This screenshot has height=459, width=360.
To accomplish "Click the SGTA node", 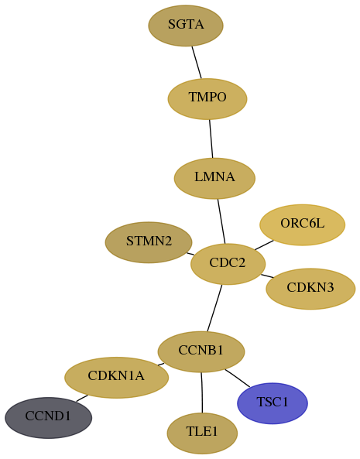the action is (186, 26).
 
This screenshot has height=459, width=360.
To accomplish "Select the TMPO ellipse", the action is (207, 98).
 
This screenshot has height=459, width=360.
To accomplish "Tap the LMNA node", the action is (214, 178).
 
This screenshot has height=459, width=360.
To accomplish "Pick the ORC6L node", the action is (303, 224).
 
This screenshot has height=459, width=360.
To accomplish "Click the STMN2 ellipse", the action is (149, 242).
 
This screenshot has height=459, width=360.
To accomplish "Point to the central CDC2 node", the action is (228, 264).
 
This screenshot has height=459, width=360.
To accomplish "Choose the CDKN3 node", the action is (310, 289).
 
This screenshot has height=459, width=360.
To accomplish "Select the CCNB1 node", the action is (201, 351).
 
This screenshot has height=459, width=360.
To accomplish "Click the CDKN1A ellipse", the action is (116, 377).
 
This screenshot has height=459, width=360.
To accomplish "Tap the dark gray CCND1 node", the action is (49, 418).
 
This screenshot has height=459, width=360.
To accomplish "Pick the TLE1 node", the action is (202, 433).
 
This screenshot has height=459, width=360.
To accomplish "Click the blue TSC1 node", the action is (273, 403).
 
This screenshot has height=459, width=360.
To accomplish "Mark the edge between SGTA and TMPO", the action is (197, 63).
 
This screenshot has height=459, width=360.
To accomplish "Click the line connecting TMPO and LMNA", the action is (211, 139).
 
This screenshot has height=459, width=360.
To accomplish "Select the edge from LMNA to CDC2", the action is (221, 221).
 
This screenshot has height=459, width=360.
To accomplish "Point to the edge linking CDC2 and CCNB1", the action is (214, 308).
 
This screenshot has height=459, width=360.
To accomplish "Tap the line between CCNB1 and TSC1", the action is (238, 379).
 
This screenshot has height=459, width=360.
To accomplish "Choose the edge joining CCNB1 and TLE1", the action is (201, 392).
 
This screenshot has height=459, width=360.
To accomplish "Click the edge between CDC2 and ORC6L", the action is (264, 245).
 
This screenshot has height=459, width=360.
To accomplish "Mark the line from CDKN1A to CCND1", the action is (82, 398).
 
